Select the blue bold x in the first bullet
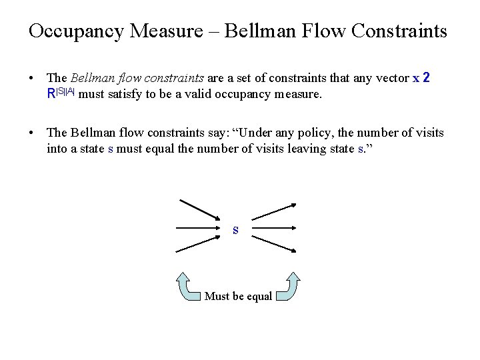tap(416, 78)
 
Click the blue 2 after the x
tap(427, 78)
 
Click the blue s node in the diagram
tap(235, 230)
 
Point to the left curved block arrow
tap(189, 285)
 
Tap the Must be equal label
tap(238, 296)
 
